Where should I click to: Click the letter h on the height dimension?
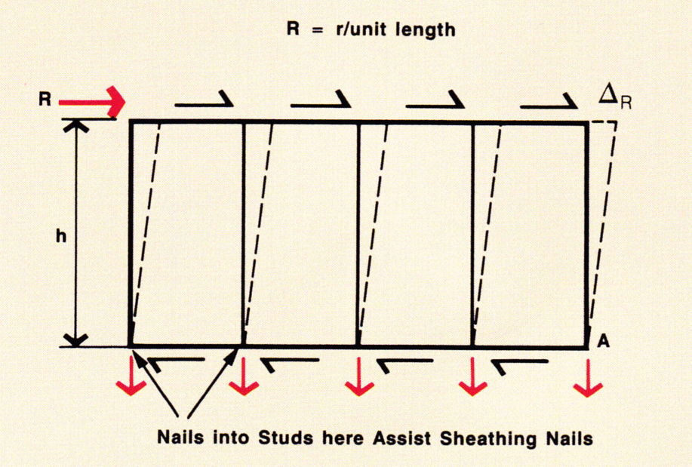tap(61, 235)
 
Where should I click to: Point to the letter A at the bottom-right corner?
tap(604, 342)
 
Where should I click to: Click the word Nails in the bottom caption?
tap(180, 436)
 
